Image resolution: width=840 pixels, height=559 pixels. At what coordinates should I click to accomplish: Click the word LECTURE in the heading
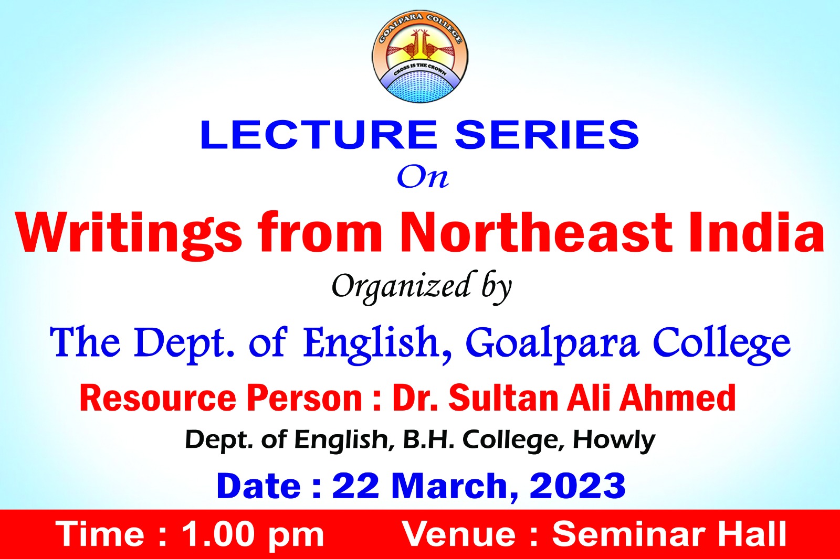pos(319,134)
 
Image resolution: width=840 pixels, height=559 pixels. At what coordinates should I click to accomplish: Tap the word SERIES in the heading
pos(547,134)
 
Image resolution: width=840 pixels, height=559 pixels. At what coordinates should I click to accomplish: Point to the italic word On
pos(423,177)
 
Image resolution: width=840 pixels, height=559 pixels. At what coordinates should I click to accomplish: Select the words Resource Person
pos(220,399)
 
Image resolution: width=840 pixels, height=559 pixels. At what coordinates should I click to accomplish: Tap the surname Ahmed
pos(677,397)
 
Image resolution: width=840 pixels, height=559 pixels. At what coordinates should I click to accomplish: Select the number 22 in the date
pos(355,486)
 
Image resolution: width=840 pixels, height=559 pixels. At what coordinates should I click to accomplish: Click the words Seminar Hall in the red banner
pos(669,534)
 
